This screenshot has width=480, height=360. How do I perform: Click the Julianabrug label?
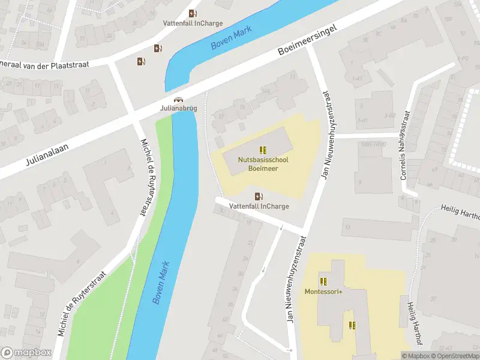pos(178,109)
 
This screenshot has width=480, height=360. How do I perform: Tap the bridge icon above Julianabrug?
pos(178,100)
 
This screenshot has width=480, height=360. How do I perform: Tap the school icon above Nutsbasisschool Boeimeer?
pos(263,149)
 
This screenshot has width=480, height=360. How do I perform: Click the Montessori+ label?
pos(323,292)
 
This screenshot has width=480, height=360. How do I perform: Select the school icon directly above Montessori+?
pos(323,281)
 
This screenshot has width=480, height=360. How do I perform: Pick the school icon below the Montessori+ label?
pos(352,325)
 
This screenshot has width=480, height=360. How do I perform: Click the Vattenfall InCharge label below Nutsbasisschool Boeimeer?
pos(259,206)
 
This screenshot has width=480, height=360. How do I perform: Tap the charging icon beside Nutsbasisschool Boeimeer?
pos(259,196)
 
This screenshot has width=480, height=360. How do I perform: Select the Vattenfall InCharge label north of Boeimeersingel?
pos(193,23)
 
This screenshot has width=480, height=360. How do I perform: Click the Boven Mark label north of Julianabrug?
pos(230,40)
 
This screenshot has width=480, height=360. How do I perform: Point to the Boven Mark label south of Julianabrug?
pos(161,282)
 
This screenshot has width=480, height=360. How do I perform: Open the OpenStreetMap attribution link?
pos(457,356)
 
